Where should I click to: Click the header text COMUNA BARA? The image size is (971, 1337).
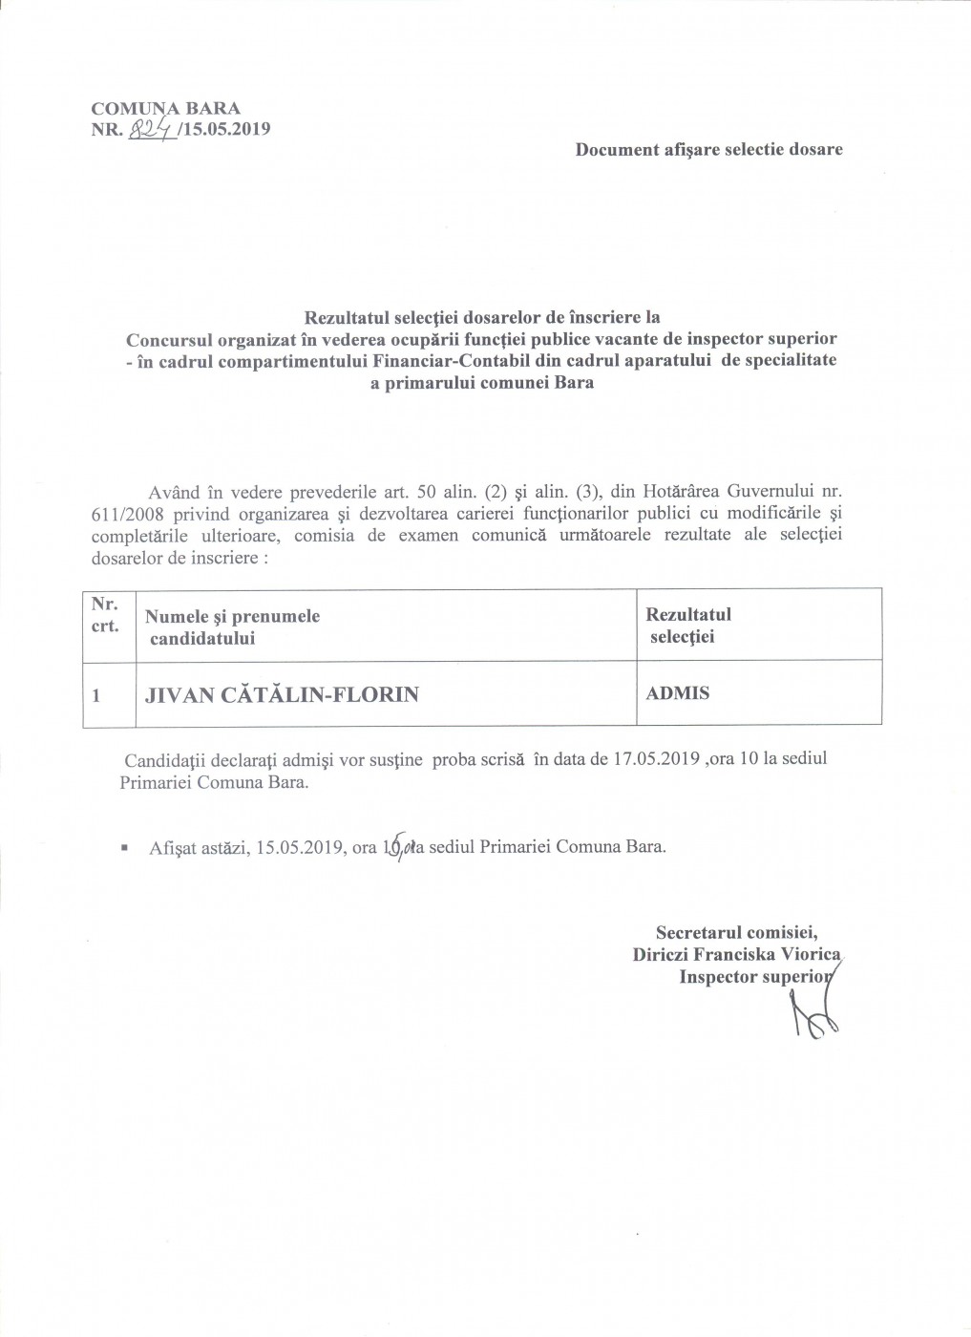pyautogui.click(x=165, y=108)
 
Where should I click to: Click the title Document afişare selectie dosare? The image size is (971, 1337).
pyautogui.click(x=708, y=149)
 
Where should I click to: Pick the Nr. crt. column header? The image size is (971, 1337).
pyautogui.click(x=105, y=615)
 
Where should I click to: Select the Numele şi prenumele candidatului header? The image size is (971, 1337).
pyautogui.click(x=232, y=627)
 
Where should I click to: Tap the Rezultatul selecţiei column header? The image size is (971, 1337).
pyautogui.click(x=687, y=626)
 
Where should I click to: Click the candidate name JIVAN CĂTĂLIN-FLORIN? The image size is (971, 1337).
pyautogui.click(x=282, y=694)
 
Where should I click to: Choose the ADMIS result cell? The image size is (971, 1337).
pyautogui.click(x=677, y=693)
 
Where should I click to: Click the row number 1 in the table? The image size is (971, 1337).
pyautogui.click(x=96, y=695)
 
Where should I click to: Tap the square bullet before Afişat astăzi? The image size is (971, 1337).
pyautogui.click(x=124, y=847)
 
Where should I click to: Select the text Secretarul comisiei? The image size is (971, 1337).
pyautogui.click(x=736, y=932)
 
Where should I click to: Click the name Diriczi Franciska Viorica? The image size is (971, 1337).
pyautogui.click(x=736, y=954)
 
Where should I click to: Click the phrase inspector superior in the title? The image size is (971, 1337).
pyautogui.click(x=762, y=338)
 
